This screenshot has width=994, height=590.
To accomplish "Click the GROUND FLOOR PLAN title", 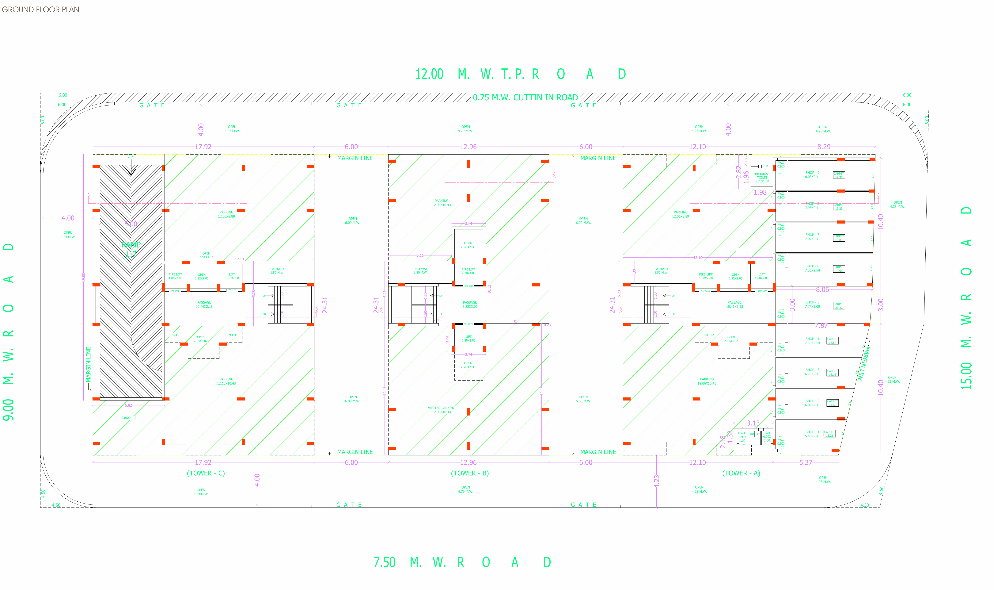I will tap(40, 10).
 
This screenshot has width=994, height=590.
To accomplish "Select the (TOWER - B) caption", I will tap(470, 473).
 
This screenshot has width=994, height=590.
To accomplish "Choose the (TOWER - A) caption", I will tap(741, 473).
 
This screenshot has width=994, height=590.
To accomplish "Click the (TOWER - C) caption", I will tap(206, 473).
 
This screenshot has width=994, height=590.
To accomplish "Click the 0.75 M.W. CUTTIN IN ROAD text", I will tap(525, 97).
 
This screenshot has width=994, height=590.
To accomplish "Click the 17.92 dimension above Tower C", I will tap(203, 147).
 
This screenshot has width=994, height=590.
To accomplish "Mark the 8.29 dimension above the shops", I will tap(824, 147).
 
